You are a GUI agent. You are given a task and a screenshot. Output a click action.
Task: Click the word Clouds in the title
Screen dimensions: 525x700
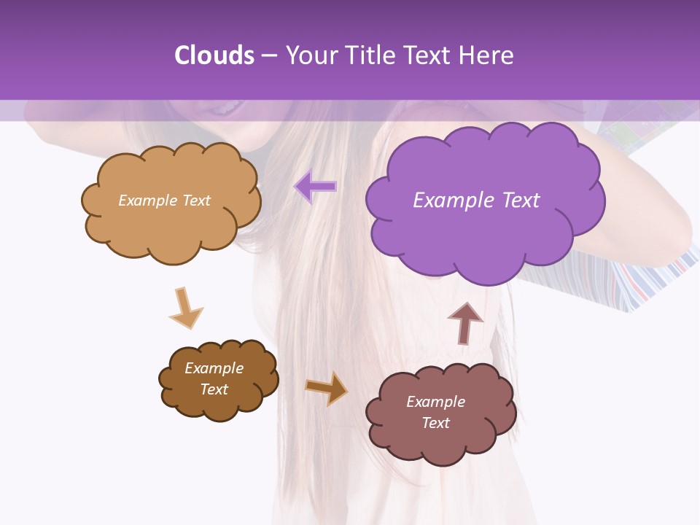[x=214, y=55]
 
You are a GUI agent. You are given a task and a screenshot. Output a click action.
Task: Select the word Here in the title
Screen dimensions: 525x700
[x=488, y=55]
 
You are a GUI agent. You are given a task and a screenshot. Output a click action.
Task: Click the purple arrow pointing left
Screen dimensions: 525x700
[x=316, y=187]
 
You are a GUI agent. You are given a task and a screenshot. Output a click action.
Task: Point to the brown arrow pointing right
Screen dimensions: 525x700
[x=327, y=388]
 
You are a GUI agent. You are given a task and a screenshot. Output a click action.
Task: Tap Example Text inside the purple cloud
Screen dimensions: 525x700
[x=476, y=201]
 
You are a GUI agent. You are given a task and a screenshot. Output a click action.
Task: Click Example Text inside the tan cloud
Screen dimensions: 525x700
[x=164, y=201]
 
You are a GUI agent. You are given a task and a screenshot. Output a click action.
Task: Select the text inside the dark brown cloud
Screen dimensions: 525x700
[x=214, y=378]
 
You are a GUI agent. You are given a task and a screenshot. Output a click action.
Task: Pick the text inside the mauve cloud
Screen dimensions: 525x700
[x=435, y=412]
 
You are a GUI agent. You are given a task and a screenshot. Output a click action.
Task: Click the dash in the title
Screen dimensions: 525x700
[x=269, y=55]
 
